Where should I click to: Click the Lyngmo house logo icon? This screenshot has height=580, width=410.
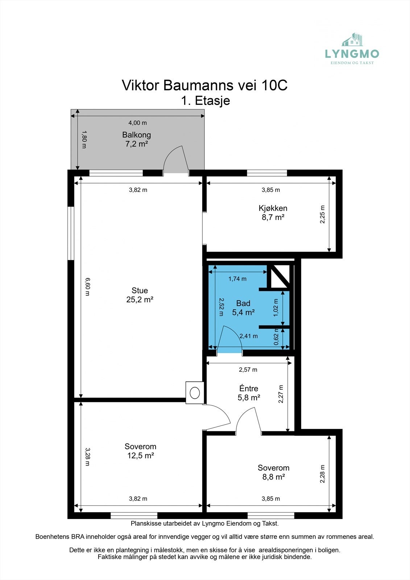352,40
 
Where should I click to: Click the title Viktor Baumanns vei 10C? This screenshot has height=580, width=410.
204,85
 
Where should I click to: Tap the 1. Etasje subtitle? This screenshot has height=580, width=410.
206,100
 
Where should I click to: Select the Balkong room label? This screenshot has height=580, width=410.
137,134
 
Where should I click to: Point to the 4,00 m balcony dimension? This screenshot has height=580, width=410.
137,123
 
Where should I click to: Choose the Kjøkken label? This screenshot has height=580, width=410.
273,208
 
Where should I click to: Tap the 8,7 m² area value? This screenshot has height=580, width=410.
273,217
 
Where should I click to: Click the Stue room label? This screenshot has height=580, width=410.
140,290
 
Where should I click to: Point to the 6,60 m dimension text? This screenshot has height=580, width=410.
87,287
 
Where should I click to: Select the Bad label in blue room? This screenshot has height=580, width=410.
243,303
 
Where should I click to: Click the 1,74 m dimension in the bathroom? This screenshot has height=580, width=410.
237,279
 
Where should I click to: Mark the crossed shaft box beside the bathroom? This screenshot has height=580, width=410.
279,276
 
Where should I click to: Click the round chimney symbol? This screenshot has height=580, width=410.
195,393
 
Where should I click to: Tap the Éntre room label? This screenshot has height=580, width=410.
249,388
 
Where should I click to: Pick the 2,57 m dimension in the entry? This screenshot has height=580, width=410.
248,369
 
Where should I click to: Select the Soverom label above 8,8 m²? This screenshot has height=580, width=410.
273,468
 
